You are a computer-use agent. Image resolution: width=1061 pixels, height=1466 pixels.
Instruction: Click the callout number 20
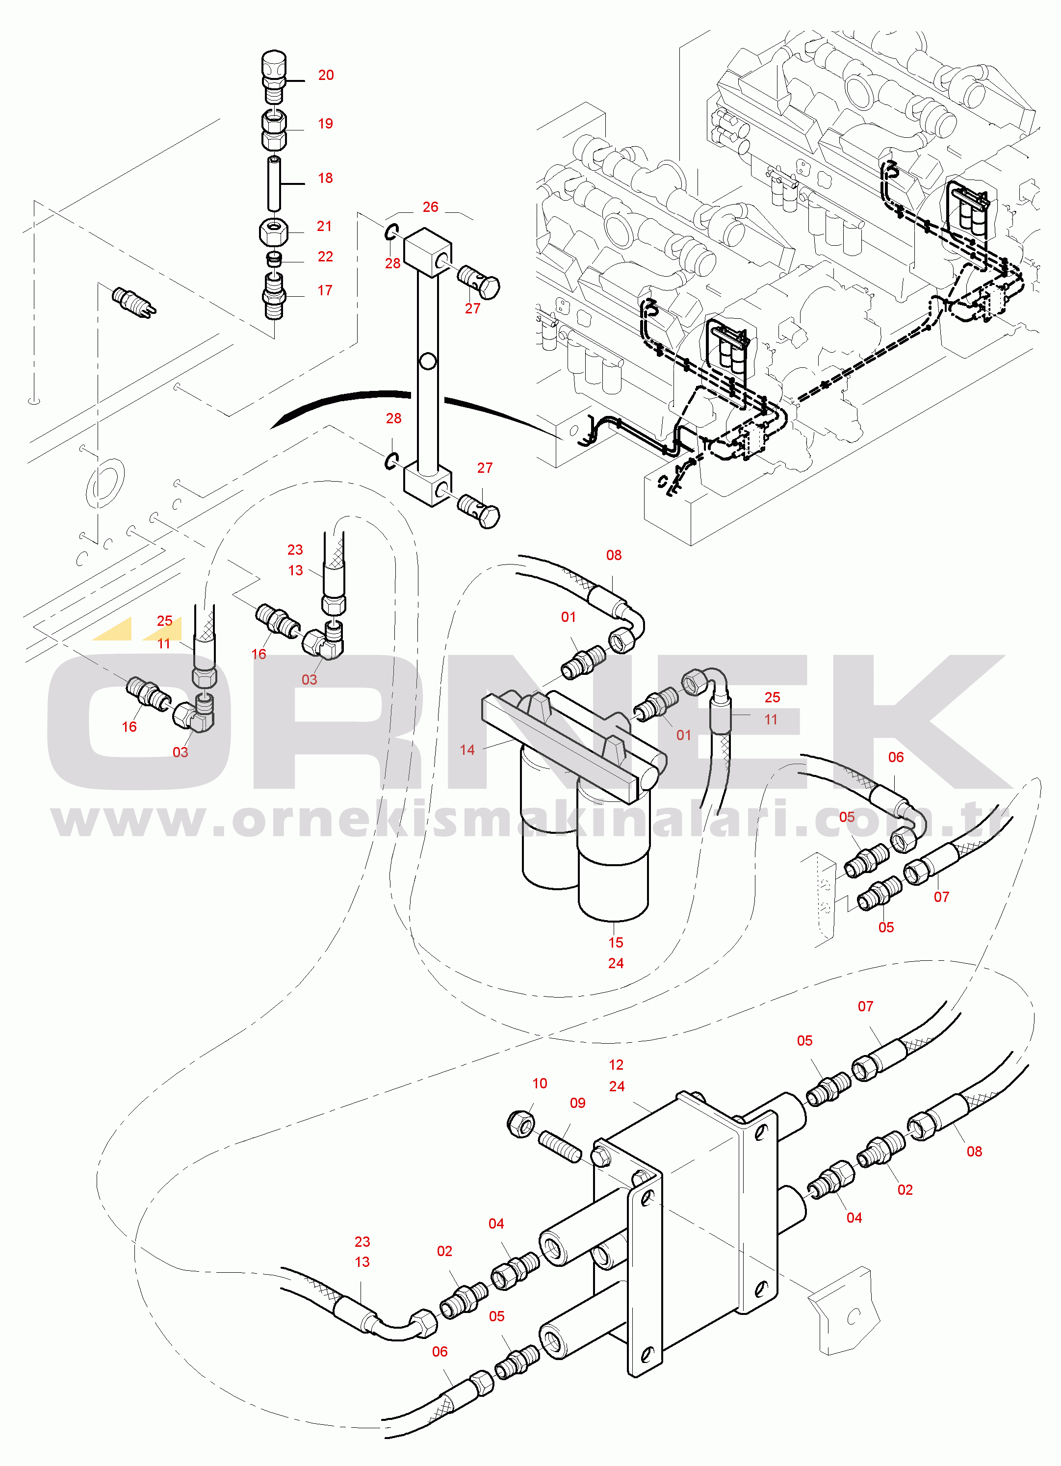click(x=326, y=75)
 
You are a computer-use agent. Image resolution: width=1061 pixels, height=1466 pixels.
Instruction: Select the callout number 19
click(x=325, y=124)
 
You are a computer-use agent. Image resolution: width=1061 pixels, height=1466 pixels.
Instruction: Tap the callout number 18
click(x=325, y=178)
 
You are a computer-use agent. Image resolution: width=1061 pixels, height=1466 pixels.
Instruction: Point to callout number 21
click(x=324, y=226)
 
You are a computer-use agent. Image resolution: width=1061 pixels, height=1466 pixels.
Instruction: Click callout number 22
click(x=325, y=257)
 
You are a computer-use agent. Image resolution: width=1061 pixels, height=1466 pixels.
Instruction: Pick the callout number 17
click(x=325, y=291)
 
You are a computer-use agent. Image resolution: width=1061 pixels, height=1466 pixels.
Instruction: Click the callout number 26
click(x=430, y=207)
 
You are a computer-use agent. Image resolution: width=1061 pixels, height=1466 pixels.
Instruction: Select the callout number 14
click(x=467, y=750)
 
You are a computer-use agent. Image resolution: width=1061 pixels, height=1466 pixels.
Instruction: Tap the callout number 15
click(x=616, y=943)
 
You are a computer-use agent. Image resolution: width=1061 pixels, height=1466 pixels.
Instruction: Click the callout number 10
click(x=539, y=1083)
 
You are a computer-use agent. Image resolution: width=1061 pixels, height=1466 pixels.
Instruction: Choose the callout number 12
click(x=616, y=1065)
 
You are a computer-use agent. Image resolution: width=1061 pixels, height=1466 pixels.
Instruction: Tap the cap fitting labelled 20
click(x=274, y=77)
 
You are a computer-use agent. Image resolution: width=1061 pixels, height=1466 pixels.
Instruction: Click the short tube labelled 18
click(x=274, y=183)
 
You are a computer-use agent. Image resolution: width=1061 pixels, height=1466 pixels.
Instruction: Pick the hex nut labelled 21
click(x=274, y=232)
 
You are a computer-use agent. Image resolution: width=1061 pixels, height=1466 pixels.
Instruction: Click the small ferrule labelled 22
click(x=274, y=259)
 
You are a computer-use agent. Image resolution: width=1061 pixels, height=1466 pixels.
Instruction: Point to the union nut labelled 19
click(x=274, y=130)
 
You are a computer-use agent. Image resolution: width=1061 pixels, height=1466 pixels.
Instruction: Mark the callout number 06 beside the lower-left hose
click(x=440, y=1352)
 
